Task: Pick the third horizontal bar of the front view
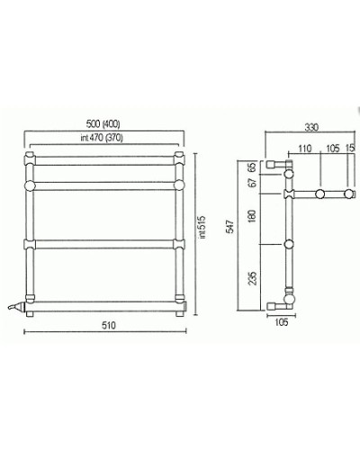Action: (106, 243)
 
